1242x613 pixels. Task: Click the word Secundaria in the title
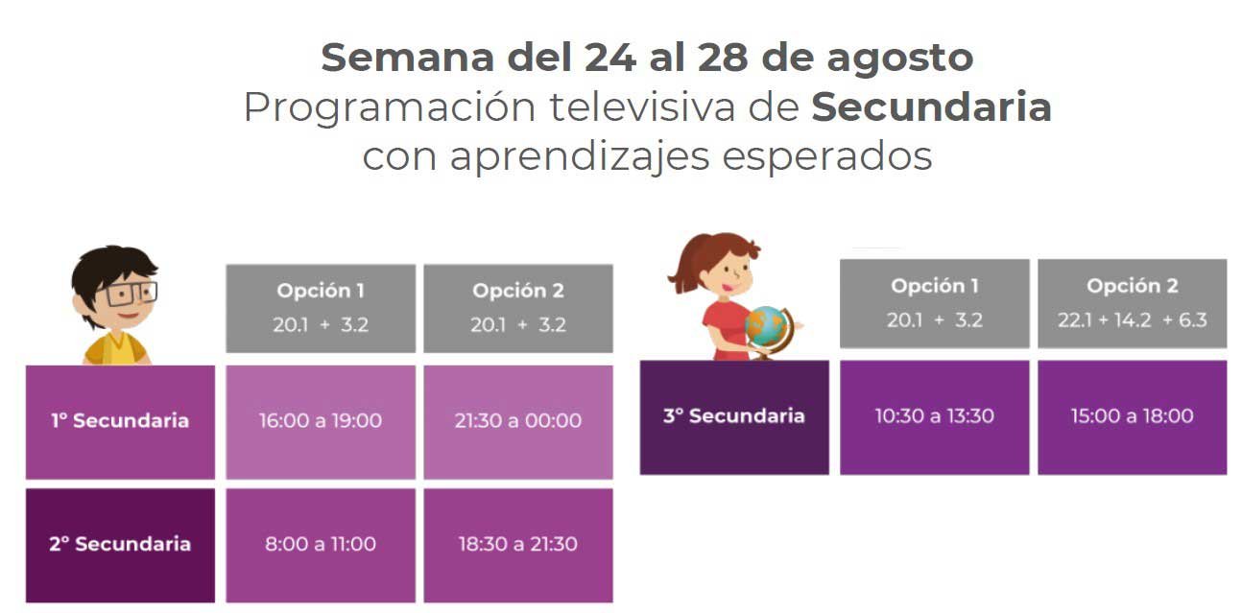pos(931,106)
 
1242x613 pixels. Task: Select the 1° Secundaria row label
pos(120,422)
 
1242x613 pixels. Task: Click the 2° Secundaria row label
pos(120,546)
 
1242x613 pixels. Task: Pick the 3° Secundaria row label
pos(734,416)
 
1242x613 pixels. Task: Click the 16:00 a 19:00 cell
pos(321,422)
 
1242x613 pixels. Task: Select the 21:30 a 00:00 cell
pos(518,422)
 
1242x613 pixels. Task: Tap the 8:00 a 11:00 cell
pos(321,546)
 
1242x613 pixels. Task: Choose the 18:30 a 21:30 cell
pos(518,546)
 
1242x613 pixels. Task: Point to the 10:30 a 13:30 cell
pos(934,416)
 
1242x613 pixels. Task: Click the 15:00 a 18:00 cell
pos(1133,416)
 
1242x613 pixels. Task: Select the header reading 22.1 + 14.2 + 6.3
pos(1133,303)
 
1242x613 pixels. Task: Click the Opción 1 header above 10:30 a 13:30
pos(934,303)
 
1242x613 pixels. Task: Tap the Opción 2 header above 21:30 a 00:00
pos(518,308)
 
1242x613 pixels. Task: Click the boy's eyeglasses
pos(130,294)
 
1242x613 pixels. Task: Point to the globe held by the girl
pos(767,327)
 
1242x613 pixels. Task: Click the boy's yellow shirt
pos(116,349)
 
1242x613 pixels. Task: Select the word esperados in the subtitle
pos(826,156)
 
